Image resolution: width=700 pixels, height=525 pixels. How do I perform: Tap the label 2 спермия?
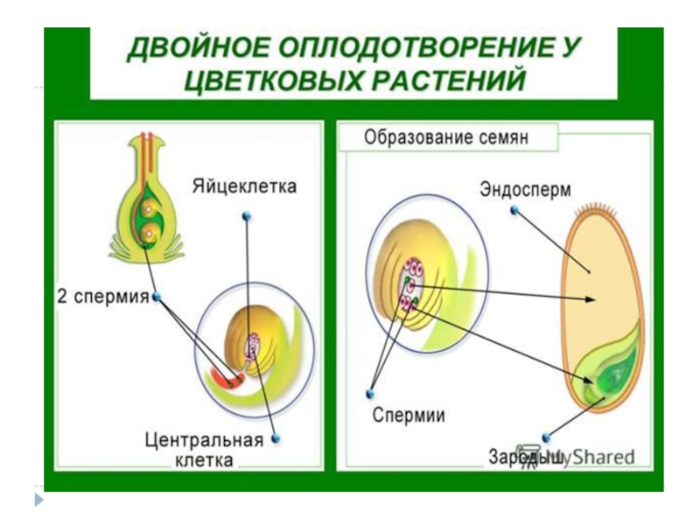tap(103, 297)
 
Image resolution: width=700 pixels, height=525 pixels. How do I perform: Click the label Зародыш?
tap(525, 458)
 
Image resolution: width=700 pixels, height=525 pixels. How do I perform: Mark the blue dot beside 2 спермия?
tap(157, 297)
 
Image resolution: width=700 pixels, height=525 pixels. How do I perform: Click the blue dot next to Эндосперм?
tap(514, 209)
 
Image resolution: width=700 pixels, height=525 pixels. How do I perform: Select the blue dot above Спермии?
tap(371, 394)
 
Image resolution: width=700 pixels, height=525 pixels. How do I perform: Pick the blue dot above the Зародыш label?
tap(547, 437)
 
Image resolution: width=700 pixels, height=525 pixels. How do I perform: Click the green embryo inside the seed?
tap(609, 376)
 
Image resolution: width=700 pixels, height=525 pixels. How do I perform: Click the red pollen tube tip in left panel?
tap(226, 379)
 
